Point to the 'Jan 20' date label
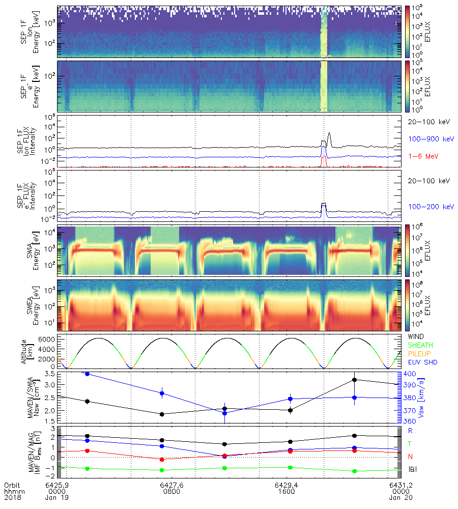398,498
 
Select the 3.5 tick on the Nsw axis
49,374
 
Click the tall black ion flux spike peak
330,133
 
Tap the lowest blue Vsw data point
225,413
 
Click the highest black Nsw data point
354,380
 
